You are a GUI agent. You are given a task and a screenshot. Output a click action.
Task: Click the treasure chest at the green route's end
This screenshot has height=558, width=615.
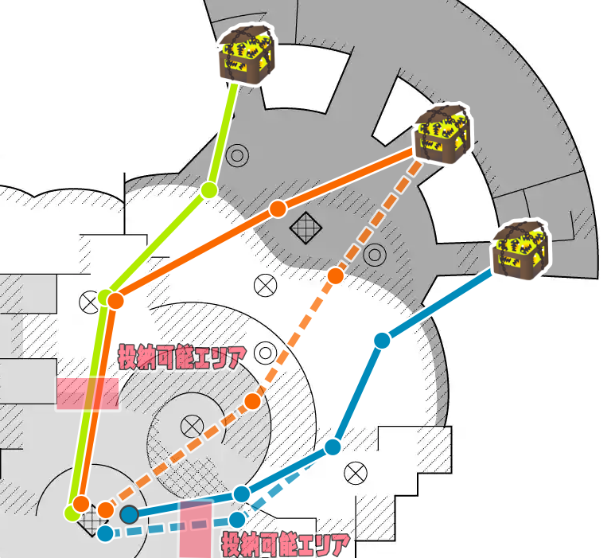click(x=246, y=54)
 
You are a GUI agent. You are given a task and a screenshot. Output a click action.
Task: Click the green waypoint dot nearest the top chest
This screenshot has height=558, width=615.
click(x=208, y=189)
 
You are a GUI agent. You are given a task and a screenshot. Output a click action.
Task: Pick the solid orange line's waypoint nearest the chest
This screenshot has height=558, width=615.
click(x=277, y=209)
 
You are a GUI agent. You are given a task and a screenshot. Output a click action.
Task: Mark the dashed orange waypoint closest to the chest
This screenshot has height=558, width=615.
click(x=336, y=275)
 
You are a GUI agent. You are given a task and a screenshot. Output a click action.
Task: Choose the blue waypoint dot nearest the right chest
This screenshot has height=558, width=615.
click(x=382, y=341)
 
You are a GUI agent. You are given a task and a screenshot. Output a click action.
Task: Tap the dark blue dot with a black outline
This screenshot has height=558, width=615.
click(x=128, y=513)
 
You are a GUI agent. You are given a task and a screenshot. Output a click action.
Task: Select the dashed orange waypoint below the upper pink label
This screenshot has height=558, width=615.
click(x=252, y=400)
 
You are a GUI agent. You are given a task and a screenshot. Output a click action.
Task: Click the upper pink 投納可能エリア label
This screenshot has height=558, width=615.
click(x=182, y=356)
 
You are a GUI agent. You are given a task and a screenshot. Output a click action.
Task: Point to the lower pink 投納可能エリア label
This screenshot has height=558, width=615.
click(x=286, y=546)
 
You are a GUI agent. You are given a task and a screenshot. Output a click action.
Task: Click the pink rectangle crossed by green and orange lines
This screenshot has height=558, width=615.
click(x=88, y=394)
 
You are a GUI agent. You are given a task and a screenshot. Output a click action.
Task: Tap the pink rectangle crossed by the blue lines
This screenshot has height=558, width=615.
click(x=195, y=529)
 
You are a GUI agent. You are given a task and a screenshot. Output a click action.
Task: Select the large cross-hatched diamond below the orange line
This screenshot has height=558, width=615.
click(x=306, y=229)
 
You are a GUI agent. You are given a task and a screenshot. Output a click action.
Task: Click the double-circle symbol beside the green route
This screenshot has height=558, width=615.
click(x=236, y=156)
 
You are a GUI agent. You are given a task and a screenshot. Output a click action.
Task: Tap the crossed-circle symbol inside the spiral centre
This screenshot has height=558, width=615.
click(x=191, y=425)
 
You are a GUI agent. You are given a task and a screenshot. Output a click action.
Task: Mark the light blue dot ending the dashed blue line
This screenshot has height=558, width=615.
click(x=104, y=533)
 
